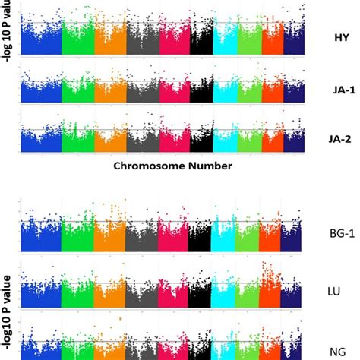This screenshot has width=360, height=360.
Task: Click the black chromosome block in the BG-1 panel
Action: point(201,240)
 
